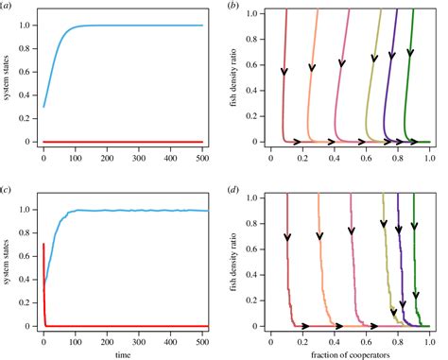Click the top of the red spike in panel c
(x=43, y=218)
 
